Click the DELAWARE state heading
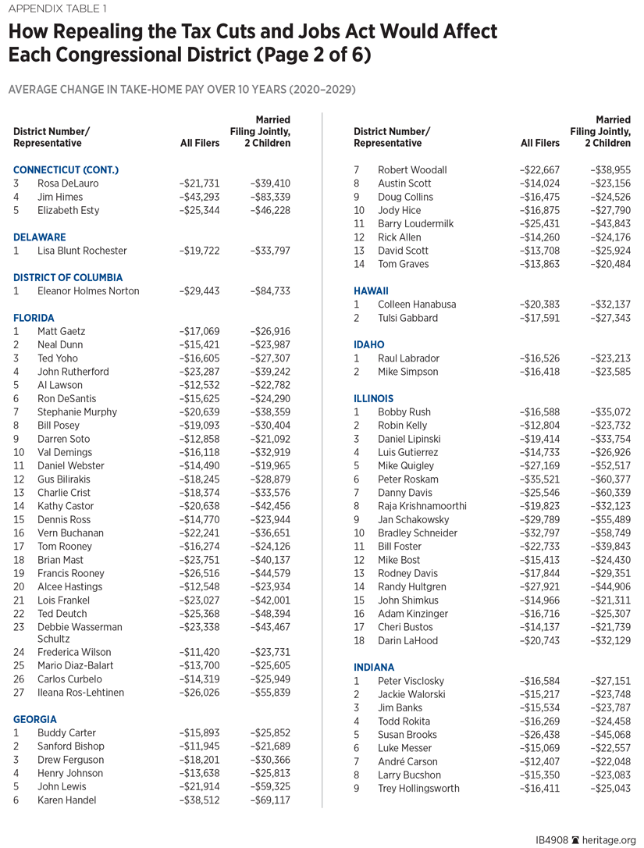point(40,237)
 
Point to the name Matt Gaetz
point(62,331)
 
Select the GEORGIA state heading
point(35,719)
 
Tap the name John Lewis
point(63,786)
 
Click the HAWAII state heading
point(371,290)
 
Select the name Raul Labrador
point(408,358)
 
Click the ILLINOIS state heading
point(373,398)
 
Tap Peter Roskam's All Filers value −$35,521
point(540,479)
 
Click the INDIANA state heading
point(374,668)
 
